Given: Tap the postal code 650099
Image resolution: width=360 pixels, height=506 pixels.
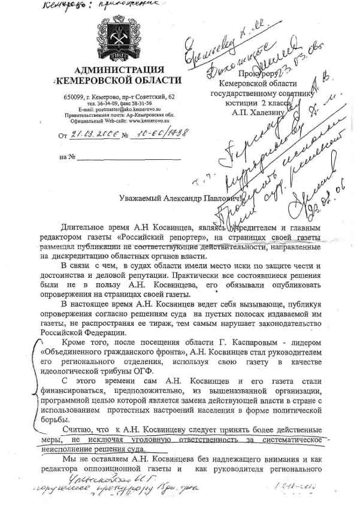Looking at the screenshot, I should (x=74, y=97).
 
